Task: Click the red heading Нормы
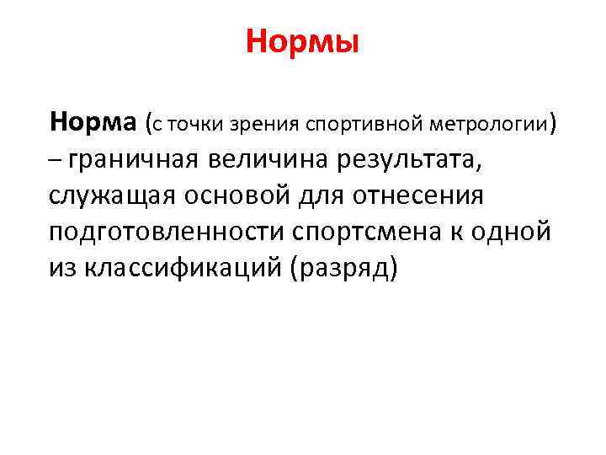click(303, 40)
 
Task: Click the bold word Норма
click(93, 124)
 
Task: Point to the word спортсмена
click(360, 232)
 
